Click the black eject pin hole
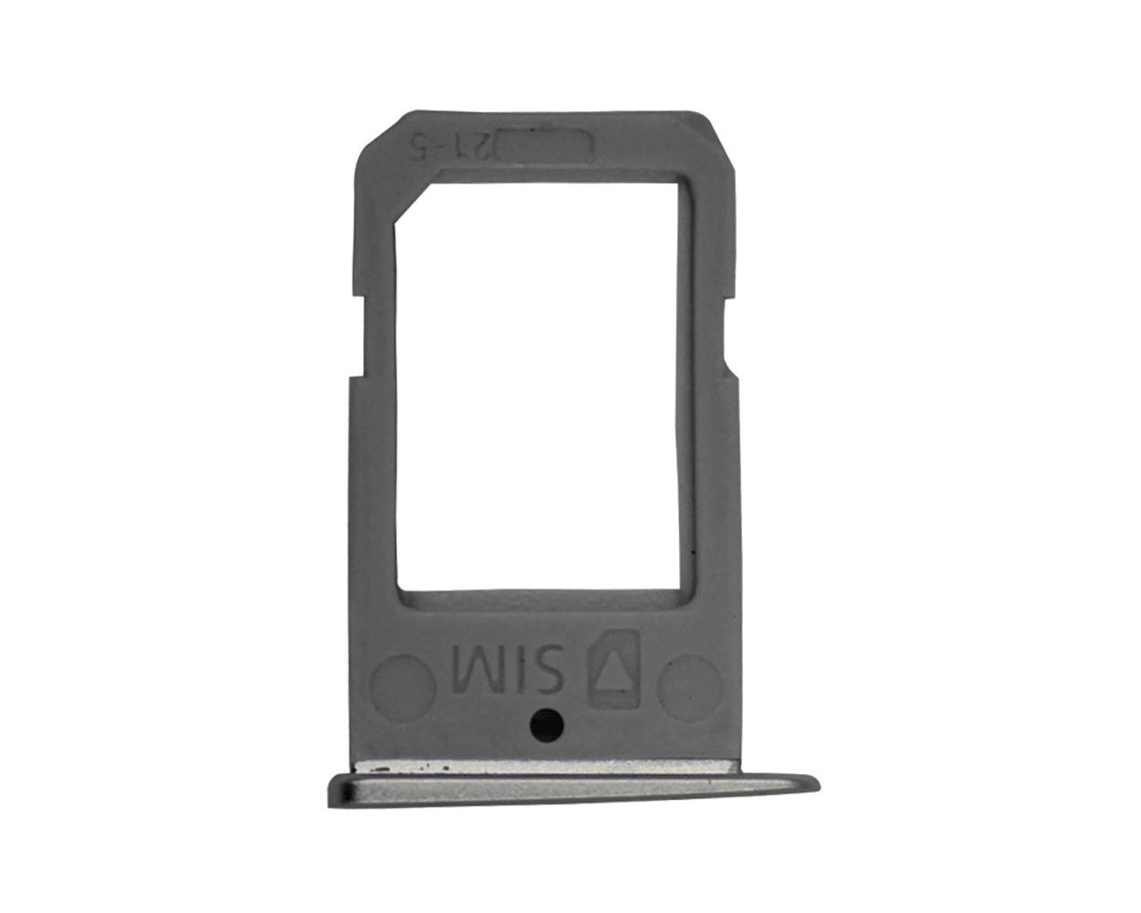pos(546,722)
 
